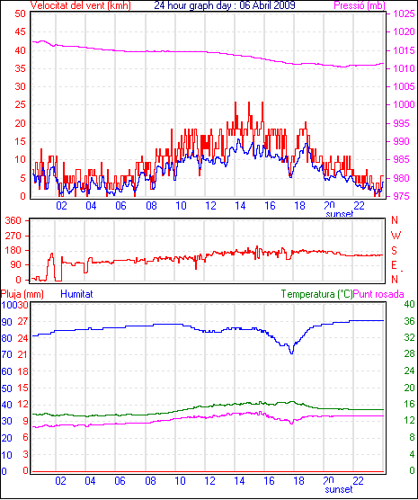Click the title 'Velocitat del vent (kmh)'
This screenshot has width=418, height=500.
[80, 5]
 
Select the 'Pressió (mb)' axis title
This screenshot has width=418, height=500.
[360, 5]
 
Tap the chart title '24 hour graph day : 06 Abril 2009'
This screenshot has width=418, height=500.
[225, 5]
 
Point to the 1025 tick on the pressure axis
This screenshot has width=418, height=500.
[404, 13]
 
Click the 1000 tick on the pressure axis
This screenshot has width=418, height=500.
[404, 104]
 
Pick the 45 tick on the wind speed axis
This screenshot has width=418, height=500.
[20, 31]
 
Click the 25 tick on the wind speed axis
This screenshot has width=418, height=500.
[20, 104]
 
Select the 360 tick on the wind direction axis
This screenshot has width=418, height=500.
[13, 220]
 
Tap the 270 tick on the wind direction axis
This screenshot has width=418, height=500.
[13, 236]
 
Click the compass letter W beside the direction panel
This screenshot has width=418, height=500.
[396, 236]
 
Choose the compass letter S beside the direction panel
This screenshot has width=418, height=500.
[395, 251]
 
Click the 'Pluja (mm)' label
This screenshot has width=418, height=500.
[22, 294]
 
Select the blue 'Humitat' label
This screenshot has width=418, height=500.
[76, 294]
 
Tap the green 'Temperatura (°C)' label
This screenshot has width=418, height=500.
[317, 294]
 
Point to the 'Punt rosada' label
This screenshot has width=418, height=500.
[378, 294]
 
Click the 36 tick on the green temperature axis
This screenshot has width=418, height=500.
[409, 321]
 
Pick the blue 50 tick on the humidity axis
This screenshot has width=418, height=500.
[6, 388]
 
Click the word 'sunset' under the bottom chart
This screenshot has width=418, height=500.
[339, 489]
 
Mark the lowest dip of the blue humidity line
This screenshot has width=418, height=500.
[291, 353]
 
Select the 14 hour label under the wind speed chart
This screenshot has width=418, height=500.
[240, 206]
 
